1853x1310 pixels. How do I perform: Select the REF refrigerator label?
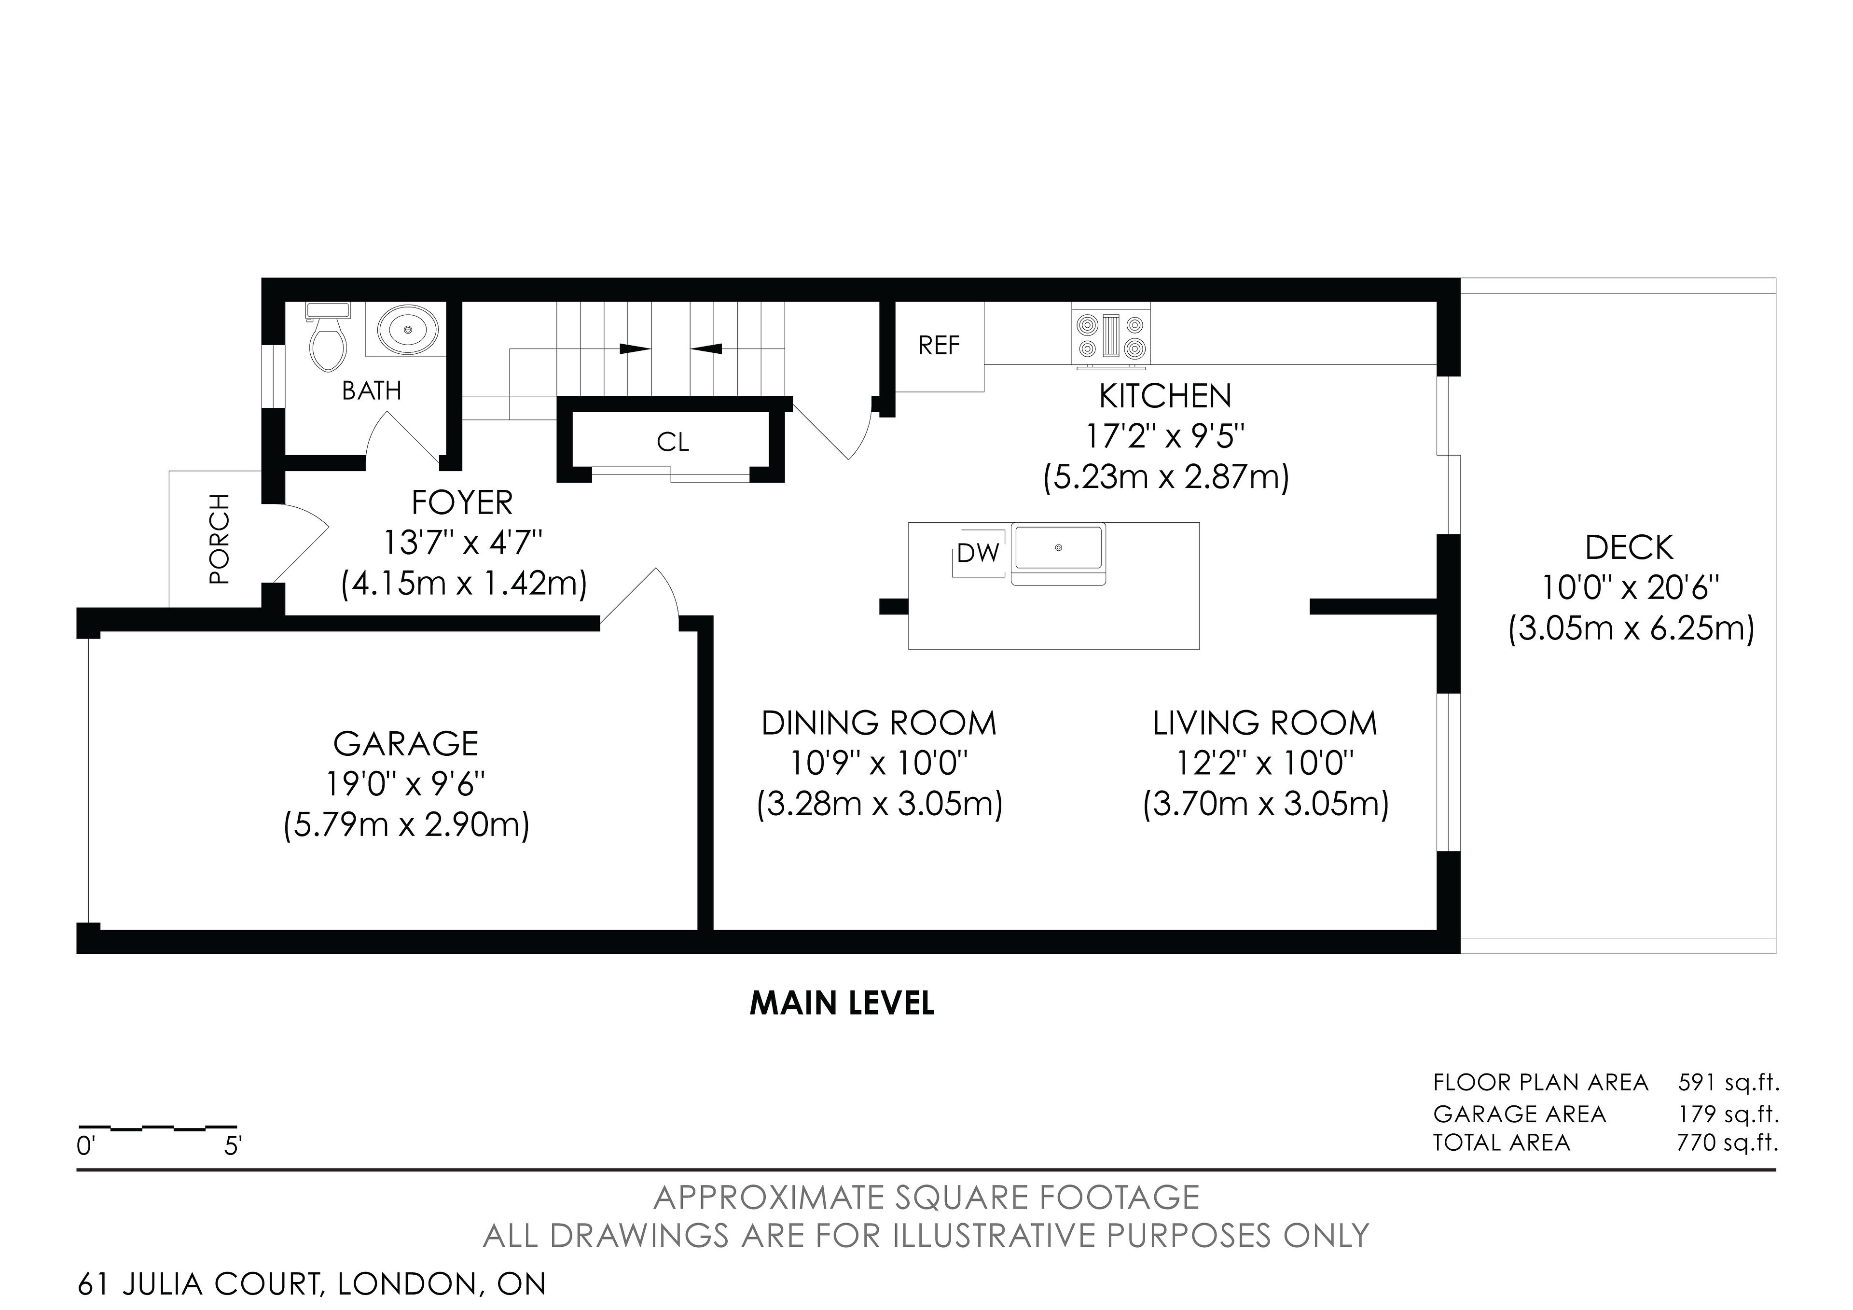tap(940, 346)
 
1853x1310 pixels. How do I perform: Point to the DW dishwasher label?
tap(978, 554)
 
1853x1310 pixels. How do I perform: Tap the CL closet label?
tap(673, 442)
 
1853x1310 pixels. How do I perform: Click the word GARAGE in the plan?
tap(406, 743)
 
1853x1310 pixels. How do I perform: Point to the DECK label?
tap(1630, 548)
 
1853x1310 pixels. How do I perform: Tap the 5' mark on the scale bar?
tap(233, 1146)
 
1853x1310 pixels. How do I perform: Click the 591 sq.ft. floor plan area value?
tap(1729, 1082)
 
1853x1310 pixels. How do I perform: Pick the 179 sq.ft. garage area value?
tap(1729, 1114)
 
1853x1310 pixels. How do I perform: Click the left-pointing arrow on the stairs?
tap(706, 348)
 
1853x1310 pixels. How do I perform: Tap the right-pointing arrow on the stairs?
tap(635, 348)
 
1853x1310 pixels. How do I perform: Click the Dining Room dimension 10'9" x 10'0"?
tap(879, 762)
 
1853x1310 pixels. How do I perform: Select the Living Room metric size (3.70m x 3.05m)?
tap(1265, 805)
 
